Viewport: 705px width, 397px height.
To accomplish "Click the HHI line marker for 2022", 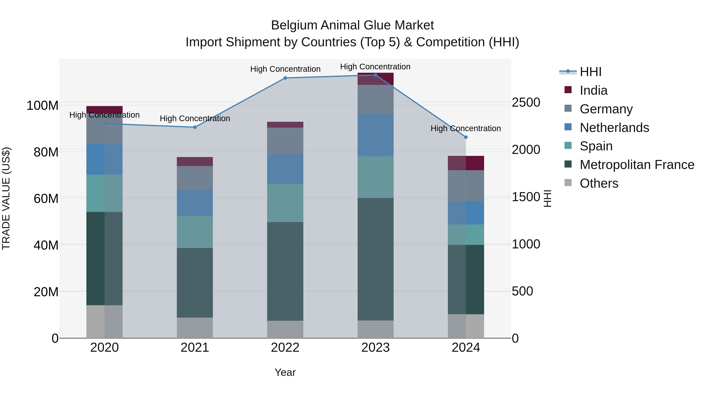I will click(285, 78).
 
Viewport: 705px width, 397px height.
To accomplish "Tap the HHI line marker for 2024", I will click(466, 137).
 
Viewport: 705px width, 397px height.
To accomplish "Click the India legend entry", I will click(593, 90).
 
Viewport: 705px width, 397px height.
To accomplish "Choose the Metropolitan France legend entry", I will click(637, 165).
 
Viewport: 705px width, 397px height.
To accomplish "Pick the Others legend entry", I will click(599, 183).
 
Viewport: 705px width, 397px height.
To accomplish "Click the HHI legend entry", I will click(590, 72).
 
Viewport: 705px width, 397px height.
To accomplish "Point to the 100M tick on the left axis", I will click(42, 105).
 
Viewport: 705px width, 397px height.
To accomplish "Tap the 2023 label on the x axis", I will click(375, 348).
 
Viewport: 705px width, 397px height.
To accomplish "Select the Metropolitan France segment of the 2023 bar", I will click(375, 259).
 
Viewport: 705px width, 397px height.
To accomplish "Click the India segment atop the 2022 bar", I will click(285, 125).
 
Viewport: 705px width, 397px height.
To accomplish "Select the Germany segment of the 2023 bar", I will click(375, 99).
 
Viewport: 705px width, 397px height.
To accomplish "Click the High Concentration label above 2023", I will click(375, 67).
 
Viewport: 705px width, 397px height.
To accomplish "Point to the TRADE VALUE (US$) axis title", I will click(6, 198).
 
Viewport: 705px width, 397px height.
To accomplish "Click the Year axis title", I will click(285, 372).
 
